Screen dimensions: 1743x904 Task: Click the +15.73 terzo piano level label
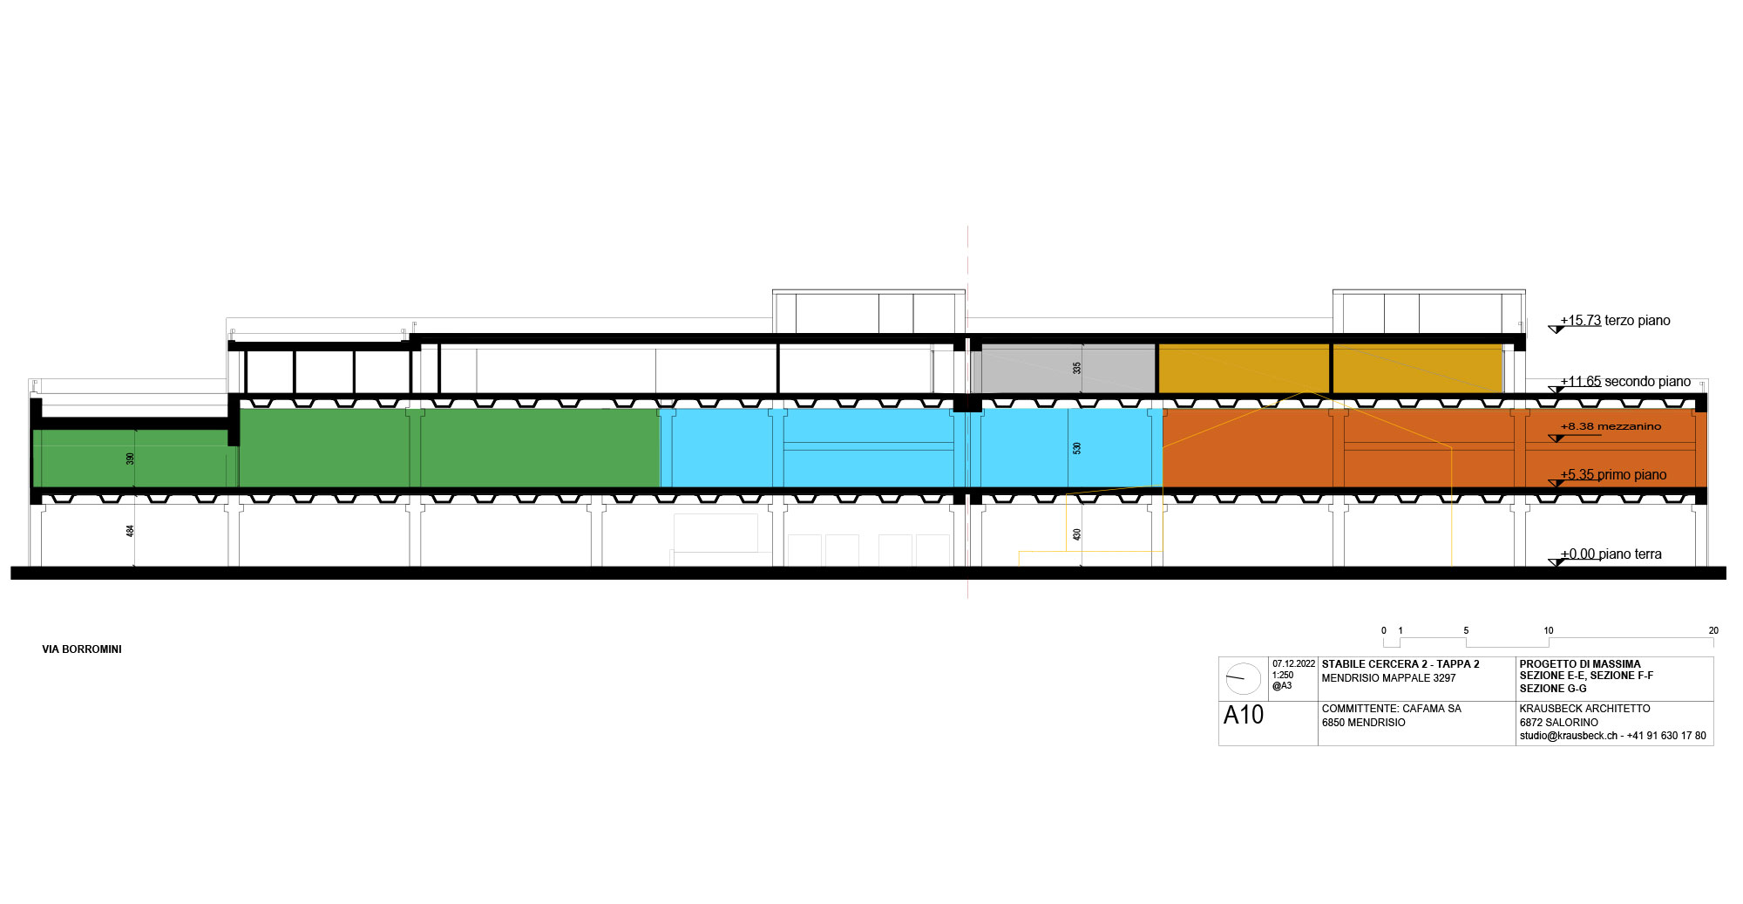1615,321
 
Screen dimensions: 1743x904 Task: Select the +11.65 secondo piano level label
1625,382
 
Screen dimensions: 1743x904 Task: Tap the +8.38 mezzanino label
1611,426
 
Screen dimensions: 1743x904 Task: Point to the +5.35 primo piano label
1613,475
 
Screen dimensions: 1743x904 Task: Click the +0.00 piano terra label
1611,554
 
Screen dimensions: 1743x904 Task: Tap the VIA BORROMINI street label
82,649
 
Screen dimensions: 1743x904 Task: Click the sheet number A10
1244,716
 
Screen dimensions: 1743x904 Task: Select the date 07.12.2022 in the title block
1293,664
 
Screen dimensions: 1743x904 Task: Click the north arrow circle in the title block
1243,677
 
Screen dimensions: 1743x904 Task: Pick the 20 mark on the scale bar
1713,630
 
